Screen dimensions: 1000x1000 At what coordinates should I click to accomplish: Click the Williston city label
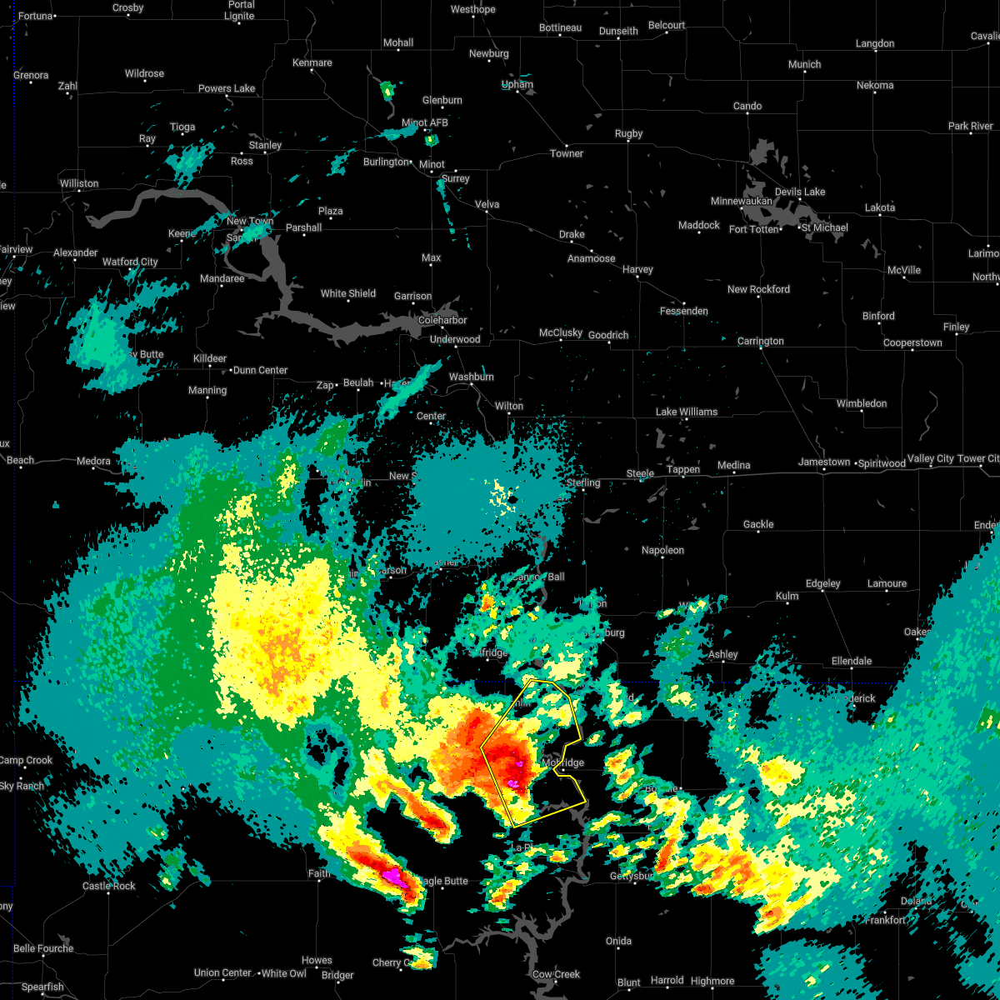79,183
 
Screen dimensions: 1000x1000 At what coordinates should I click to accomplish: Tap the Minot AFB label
426,122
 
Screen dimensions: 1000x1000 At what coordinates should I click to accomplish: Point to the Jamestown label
823,462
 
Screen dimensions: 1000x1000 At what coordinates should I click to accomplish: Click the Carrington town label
760,341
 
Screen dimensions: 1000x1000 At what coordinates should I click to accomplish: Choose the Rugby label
628,133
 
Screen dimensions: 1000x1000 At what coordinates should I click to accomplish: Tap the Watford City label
130,262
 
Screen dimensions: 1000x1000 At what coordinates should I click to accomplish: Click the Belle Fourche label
43,948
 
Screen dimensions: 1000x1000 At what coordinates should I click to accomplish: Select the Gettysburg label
632,876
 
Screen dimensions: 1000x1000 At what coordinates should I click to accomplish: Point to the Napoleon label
662,550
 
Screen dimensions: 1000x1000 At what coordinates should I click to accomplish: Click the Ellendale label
851,661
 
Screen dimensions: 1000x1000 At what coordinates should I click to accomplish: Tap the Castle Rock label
108,886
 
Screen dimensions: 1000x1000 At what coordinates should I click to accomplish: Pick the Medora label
93,461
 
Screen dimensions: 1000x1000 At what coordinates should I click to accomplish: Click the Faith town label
318,873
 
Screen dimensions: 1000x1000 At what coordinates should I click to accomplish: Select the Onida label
618,941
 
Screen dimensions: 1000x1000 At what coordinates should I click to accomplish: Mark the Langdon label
874,43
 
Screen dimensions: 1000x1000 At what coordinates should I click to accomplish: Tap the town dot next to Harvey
638,278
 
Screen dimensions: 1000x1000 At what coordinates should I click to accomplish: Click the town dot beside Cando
747,115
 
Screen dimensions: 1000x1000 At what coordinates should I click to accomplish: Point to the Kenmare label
312,62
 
